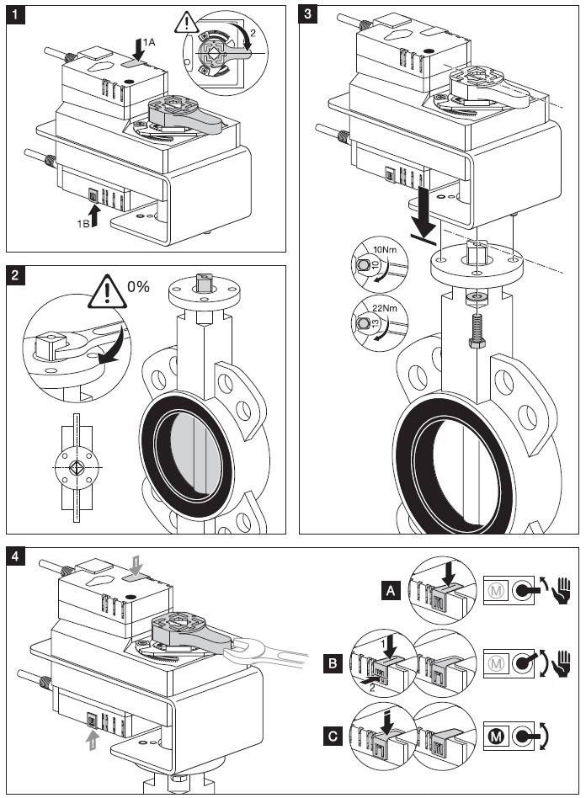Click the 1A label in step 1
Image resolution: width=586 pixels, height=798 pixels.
click(147, 41)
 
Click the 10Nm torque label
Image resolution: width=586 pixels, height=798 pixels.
click(384, 250)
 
